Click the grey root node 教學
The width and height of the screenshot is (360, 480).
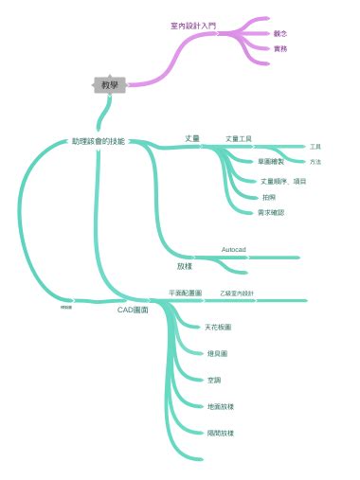tap(110, 85)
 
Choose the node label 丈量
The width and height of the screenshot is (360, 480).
tap(192, 138)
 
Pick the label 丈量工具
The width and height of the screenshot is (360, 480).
tap(238, 138)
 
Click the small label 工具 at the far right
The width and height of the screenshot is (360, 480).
tap(315, 147)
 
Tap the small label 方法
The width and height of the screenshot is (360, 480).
tap(315, 162)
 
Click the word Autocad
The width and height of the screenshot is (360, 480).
tap(234, 249)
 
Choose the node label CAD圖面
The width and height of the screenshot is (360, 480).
tap(132, 310)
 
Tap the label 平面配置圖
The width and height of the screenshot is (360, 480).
tap(185, 293)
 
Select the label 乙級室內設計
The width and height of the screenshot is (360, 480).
tap(237, 293)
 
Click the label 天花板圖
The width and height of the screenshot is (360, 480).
tap(218, 327)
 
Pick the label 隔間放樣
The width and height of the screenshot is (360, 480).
tap(220, 433)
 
